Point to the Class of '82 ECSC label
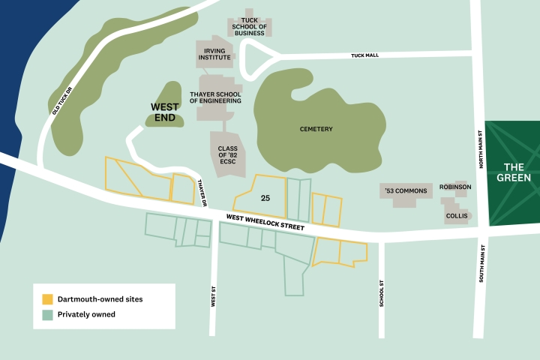(x=227, y=154)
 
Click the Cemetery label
(x=316, y=129)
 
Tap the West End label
(x=164, y=112)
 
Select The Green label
(x=517, y=172)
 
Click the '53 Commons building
(x=406, y=191)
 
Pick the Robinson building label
(x=455, y=187)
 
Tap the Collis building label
(x=457, y=216)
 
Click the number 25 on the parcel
(x=265, y=199)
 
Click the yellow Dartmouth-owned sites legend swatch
(x=47, y=299)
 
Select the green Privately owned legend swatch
(x=47, y=314)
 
